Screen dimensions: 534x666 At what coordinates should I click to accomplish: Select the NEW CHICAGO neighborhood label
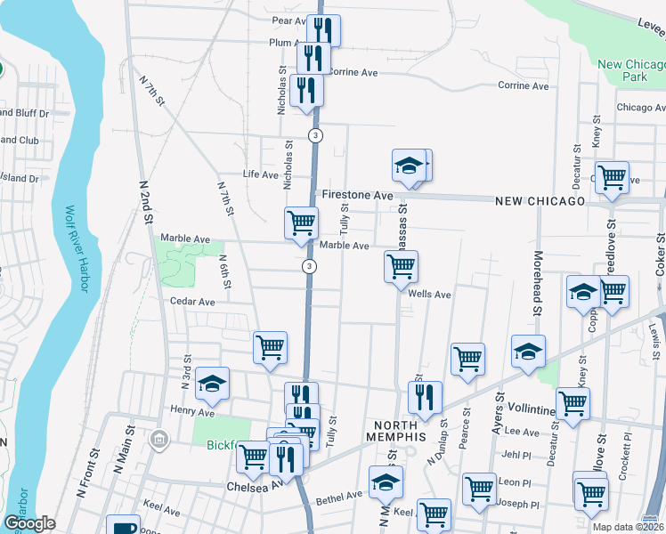click(540, 201)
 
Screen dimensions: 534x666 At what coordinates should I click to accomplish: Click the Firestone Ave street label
click(357, 195)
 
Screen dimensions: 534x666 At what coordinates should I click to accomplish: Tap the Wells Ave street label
click(430, 295)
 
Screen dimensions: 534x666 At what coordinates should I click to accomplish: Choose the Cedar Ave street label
click(193, 302)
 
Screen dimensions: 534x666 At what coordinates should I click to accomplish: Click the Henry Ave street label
click(192, 412)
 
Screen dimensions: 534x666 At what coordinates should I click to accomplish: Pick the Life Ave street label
click(261, 174)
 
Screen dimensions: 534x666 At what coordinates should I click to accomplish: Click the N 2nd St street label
click(145, 205)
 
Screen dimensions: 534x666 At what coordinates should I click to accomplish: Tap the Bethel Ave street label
click(339, 495)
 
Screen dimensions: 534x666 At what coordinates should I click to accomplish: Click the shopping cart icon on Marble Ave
click(301, 222)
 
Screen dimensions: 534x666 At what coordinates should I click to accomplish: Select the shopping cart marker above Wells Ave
click(401, 265)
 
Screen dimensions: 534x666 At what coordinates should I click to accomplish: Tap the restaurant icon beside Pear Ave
click(323, 30)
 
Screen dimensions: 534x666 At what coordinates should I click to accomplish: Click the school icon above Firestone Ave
click(409, 165)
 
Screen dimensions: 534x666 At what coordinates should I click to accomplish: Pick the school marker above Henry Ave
click(212, 383)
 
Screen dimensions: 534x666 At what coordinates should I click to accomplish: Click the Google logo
click(28, 523)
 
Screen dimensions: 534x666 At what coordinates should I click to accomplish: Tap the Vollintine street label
click(530, 409)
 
